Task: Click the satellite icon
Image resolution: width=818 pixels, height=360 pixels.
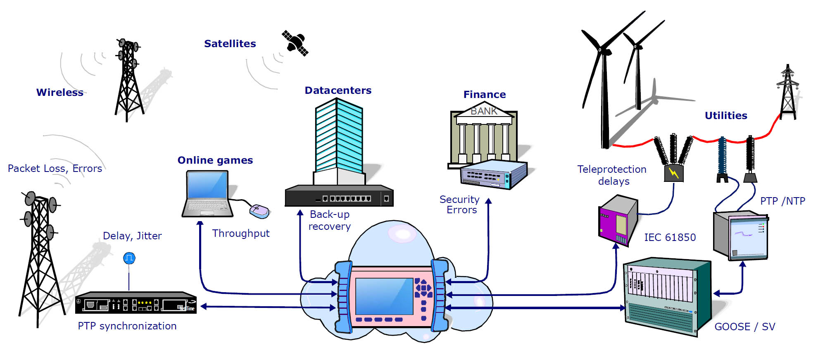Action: tap(295, 43)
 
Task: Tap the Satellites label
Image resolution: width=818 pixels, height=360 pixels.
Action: tap(230, 44)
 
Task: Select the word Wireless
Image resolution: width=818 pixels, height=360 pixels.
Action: tap(60, 93)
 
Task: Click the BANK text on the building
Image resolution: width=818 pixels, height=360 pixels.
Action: tap(484, 111)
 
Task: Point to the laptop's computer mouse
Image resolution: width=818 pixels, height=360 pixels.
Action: tap(259, 211)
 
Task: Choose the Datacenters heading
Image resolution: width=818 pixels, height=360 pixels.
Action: tap(338, 91)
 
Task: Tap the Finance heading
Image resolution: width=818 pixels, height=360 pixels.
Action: tap(485, 95)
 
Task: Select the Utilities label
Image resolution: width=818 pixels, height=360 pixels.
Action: tap(726, 116)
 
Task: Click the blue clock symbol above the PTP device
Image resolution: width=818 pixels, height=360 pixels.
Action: tap(129, 258)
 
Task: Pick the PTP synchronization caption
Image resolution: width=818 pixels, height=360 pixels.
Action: tap(127, 326)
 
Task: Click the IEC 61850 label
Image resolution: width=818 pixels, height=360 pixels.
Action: tap(670, 238)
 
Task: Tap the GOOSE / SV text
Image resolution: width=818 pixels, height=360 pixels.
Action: tap(744, 327)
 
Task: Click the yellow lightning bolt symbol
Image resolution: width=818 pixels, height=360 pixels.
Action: tap(674, 173)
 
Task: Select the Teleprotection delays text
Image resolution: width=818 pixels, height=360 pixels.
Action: tap(612, 175)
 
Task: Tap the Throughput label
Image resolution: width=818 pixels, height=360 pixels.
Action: tap(241, 234)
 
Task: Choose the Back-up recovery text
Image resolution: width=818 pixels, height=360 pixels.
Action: tap(330, 220)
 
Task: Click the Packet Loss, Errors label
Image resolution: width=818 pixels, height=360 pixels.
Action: tap(55, 169)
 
